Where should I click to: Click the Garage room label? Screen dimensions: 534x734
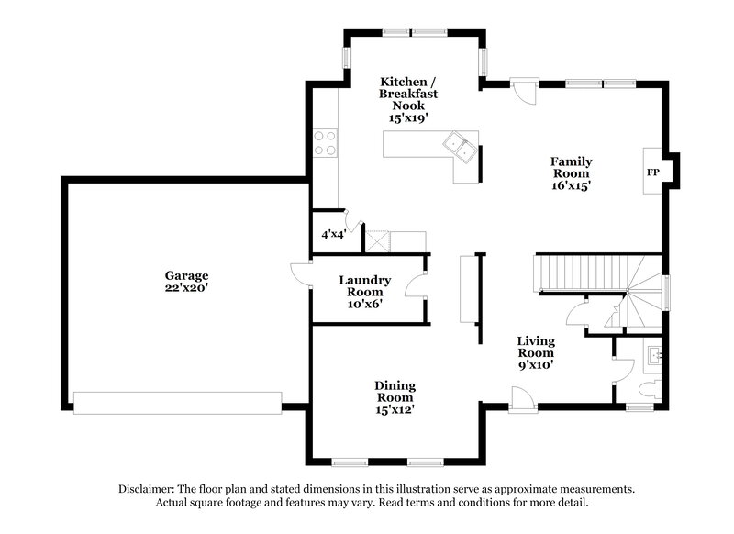tap(186, 274)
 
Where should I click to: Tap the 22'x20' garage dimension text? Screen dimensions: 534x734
tap(186, 287)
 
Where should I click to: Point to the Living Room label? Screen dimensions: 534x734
tap(535, 346)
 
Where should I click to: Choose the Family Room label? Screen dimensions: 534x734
tap(570, 165)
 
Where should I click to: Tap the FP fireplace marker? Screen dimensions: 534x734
tap(653, 172)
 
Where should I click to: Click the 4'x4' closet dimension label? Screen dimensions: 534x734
tap(332, 234)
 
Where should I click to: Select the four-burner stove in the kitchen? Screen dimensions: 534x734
tap(325, 143)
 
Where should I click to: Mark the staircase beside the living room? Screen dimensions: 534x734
tap(578, 273)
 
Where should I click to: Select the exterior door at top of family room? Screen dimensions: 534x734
tap(521, 90)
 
